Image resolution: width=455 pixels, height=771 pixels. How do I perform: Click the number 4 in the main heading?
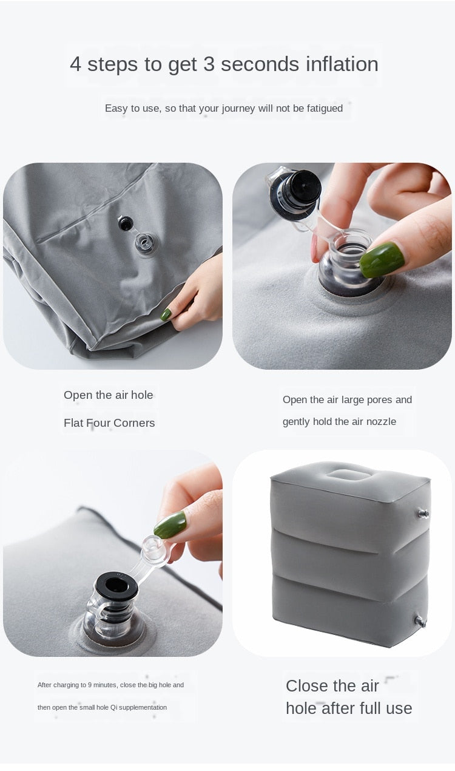point(75,64)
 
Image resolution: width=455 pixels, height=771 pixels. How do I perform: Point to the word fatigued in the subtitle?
point(323,108)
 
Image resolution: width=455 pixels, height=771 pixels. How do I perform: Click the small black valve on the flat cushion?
point(126,223)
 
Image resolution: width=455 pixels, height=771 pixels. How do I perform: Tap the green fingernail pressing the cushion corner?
point(166,314)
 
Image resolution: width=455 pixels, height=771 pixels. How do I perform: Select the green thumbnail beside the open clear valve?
point(382,259)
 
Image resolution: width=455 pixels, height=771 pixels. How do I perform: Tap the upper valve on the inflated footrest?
point(422,514)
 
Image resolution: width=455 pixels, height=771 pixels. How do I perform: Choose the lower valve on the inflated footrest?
point(420,621)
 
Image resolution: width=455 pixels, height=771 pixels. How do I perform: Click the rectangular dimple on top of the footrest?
point(349,473)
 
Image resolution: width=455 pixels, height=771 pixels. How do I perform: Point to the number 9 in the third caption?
point(89,685)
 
